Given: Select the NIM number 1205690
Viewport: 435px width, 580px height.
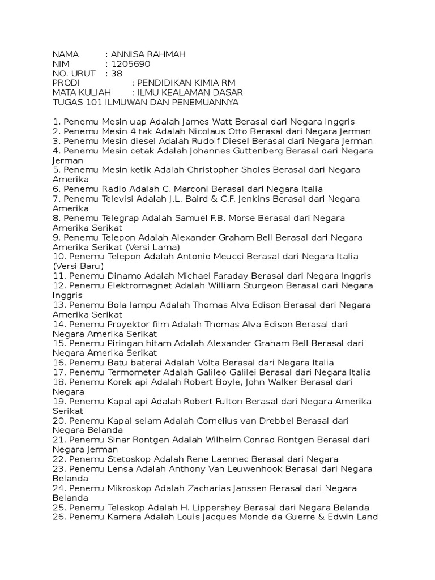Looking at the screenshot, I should point(131,64).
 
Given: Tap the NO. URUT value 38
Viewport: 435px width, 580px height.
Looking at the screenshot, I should point(117,74).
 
